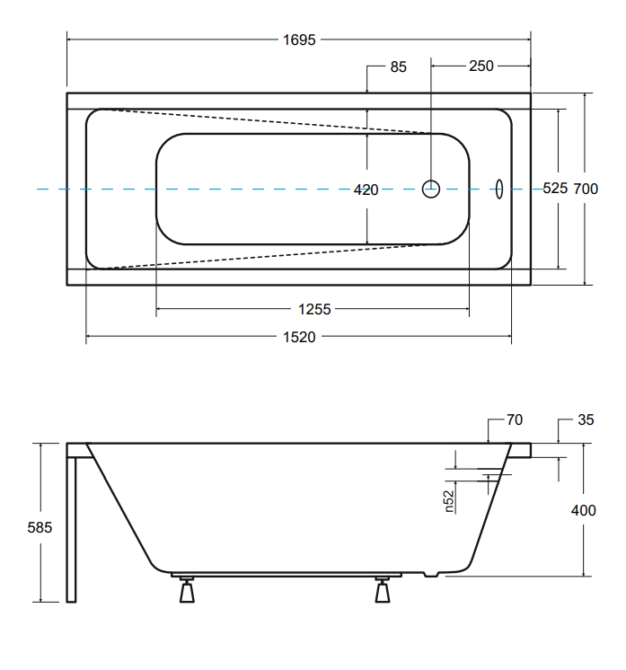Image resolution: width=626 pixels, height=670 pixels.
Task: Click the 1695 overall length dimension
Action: (299, 40)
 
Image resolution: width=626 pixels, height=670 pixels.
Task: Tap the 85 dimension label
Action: (398, 66)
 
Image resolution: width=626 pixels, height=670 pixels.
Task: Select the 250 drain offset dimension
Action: (481, 66)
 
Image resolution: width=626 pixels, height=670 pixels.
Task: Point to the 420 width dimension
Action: (366, 190)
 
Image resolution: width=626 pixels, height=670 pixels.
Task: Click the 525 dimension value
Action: (555, 188)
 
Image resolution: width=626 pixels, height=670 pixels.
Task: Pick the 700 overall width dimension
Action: (586, 189)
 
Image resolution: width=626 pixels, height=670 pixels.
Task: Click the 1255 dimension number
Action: (314, 309)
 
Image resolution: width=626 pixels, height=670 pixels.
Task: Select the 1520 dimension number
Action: (299, 337)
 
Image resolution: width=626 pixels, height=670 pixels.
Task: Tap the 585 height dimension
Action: (40, 527)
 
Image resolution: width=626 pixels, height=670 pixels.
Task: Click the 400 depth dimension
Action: (583, 510)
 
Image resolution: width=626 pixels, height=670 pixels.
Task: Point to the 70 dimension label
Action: (515, 419)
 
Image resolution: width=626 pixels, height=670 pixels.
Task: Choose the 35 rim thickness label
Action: (586, 419)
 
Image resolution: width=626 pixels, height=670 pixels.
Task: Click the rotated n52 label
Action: (448, 501)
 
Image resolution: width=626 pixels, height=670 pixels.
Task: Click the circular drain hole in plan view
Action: (431, 189)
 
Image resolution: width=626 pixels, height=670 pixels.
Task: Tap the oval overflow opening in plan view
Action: (498, 189)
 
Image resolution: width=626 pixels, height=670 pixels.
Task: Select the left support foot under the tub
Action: (187, 590)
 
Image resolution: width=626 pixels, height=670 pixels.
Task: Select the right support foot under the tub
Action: (383, 590)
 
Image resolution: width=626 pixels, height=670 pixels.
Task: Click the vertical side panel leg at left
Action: (71, 530)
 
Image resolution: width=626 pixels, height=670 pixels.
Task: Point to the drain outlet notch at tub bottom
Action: (431, 575)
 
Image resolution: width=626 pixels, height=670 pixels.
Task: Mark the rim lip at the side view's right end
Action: (521, 450)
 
